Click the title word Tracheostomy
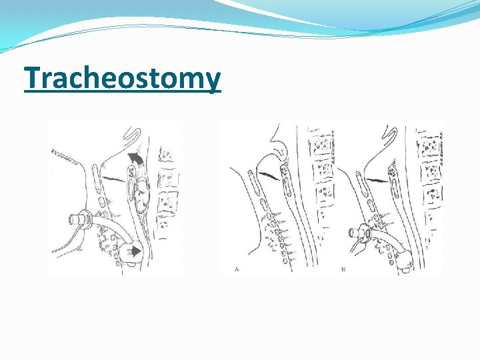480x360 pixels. [122, 79]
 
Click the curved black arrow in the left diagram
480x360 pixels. [135, 158]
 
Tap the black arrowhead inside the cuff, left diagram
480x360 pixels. [136, 251]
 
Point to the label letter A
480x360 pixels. [237, 269]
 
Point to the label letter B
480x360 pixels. [343, 269]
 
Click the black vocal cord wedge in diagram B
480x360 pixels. [377, 179]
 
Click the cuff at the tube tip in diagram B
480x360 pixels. [404, 262]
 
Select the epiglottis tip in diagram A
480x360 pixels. [281, 155]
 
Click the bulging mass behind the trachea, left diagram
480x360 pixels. [143, 193]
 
